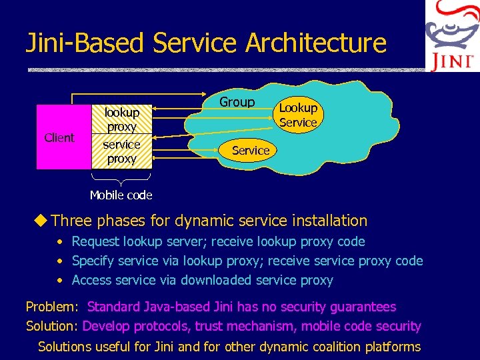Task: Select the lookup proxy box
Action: coord(122,120)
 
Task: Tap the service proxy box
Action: coord(122,152)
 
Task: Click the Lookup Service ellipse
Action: coord(298,115)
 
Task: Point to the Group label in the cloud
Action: coord(237,102)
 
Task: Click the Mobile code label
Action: coord(121,195)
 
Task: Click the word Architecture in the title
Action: coord(316,43)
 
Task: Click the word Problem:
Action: coord(53,307)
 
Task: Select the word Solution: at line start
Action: coord(53,326)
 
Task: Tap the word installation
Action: coord(327,220)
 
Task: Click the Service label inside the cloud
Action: coord(251,151)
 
